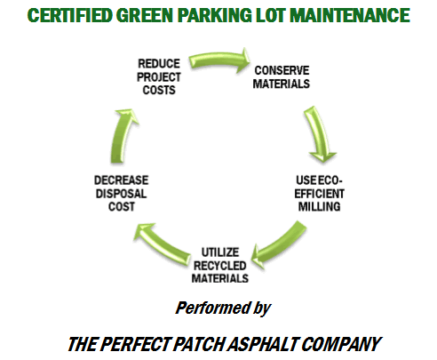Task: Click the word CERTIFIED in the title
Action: click(x=70, y=15)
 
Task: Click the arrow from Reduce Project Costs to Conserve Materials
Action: click(x=219, y=60)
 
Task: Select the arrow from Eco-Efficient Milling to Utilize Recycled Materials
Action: click(x=282, y=244)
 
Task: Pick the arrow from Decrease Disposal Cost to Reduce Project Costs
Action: click(x=122, y=136)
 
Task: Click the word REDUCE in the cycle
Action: click(x=159, y=64)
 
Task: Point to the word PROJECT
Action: click(x=159, y=77)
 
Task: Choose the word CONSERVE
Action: click(x=282, y=70)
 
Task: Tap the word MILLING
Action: click(x=319, y=206)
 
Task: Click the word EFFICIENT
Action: click(x=319, y=194)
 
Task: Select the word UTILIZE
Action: click(x=220, y=252)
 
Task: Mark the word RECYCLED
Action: click(x=220, y=266)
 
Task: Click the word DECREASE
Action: click(x=122, y=180)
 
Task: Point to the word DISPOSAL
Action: click(x=122, y=194)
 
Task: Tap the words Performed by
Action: click(x=223, y=308)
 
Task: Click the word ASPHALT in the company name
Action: click(x=264, y=344)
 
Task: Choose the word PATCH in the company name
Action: click(x=200, y=344)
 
